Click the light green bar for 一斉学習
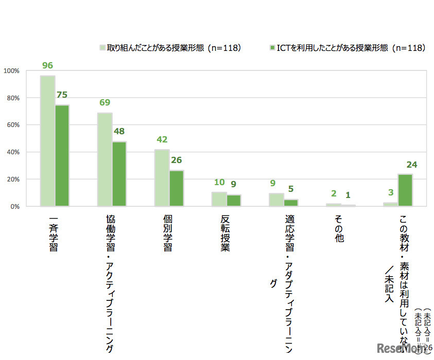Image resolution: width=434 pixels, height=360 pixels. click(47, 141)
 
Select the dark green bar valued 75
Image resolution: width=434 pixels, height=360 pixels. click(62, 155)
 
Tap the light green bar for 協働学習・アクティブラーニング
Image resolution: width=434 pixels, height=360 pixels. click(105, 159)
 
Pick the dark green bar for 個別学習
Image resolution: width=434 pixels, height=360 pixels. click(177, 188)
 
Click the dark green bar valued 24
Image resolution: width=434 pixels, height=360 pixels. click(405, 190)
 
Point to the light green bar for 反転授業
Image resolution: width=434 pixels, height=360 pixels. click(219, 199)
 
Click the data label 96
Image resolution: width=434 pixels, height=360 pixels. click(48, 66)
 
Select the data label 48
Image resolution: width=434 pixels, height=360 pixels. click(119, 132)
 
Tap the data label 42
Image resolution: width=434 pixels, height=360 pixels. click(162, 140)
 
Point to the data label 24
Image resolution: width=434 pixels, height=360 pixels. click(411, 165)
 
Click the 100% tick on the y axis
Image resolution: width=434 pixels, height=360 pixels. click(11, 71)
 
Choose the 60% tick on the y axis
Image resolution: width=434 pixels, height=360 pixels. click(12, 125)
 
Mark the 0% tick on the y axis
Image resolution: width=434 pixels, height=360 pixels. click(13, 206)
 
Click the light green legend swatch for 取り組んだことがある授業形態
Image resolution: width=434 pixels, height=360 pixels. click(102, 48)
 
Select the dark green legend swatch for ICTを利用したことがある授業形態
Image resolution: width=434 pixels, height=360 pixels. click(272, 48)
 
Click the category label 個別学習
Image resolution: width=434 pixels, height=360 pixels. click(167, 234)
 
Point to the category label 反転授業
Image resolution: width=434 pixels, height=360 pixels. click(224, 234)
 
